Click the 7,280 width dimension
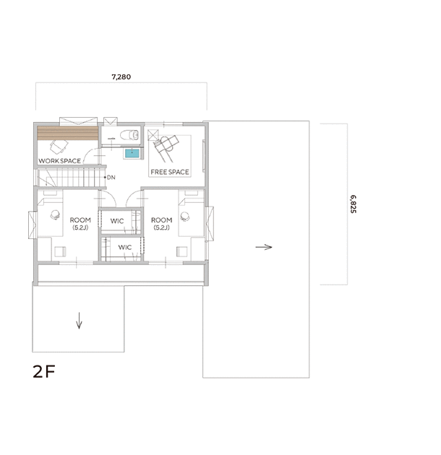(x=121, y=77)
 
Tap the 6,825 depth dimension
(x=353, y=204)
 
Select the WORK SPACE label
(x=59, y=161)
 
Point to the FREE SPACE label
(x=170, y=172)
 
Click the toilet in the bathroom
(x=129, y=135)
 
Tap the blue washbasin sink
(x=132, y=153)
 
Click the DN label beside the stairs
(x=111, y=177)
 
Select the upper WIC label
(x=117, y=221)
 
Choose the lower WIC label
(x=124, y=247)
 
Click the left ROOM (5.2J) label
(x=80, y=223)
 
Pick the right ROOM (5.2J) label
(x=161, y=223)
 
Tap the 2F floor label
(x=44, y=371)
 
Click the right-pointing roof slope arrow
(x=264, y=247)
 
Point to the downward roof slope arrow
(x=79, y=321)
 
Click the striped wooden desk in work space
(x=67, y=133)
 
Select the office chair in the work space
(x=59, y=146)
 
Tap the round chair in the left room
(x=55, y=215)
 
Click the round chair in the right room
(x=185, y=217)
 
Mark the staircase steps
(x=71, y=177)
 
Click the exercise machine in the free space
(x=166, y=148)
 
